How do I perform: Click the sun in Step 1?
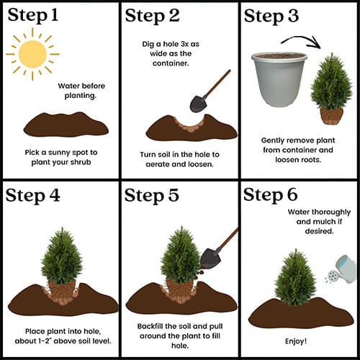pyautogui.click(x=32, y=54)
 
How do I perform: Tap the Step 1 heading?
pyautogui.click(x=33, y=15)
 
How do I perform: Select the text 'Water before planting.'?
pyautogui.click(x=81, y=91)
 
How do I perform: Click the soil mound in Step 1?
pyautogui.click(x=66, y=125)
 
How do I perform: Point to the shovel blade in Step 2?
pyautogui.click(x=198, y=104)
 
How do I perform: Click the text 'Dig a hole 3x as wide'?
pyautogui.click(x=171, y=49)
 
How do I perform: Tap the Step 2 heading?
pyautogui.click(x=152, y=16)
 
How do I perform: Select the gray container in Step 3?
pyautogui.click(x=279, y=79)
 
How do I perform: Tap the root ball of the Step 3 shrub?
pyautogui.click(x=332, y=116)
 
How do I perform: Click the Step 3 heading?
pyautogui.click(x=271, y=16)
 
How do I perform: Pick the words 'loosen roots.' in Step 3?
pyautogui.click(x=298, y=160)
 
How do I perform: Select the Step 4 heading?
pyautogui.click(x=32, y=196)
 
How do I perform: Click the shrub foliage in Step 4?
pyautogui.click(x=62, y=256)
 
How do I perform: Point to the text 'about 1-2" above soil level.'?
pyautogui.click(x=63, y=341)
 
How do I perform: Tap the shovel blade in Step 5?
pyautogui.click(x=211, y=258)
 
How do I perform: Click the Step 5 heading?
pyautogui.click(x=152, y=195)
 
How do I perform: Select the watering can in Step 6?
pyautogui.click(x=342, y=269)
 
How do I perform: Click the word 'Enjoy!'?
pyautogui.click(x=296, y=341)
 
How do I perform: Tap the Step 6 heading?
pyautogui.click(x=271, y=195)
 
